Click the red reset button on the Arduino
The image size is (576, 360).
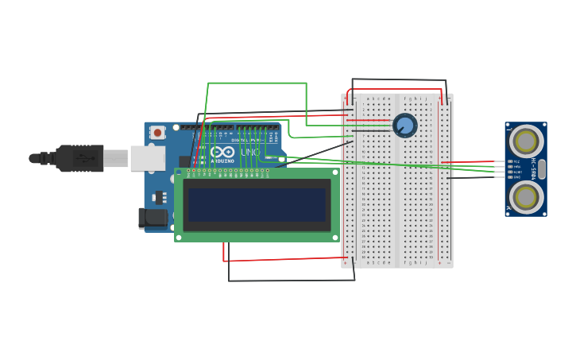point(157,133)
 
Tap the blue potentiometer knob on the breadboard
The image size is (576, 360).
point(404,125)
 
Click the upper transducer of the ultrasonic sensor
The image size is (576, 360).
point(526,141)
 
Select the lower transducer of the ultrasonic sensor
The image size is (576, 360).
point(526,196)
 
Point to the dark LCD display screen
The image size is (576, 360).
point(257,204)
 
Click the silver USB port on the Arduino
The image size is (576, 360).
point(148,158)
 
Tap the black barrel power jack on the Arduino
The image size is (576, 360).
point(153,218)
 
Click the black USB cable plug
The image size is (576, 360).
point(79,158)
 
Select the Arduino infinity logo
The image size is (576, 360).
point(222,152)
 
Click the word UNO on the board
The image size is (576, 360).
point(249,152)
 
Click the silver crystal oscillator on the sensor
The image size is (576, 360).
point(542,168)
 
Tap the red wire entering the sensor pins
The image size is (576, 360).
point(477,161)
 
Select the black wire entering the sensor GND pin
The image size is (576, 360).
point(477,177)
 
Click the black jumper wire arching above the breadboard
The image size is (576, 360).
point(397,79)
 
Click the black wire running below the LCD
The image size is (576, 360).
point(286,281)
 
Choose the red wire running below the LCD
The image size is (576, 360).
point(286,259)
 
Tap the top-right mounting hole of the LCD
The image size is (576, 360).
point(334,172)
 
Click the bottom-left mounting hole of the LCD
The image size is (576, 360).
point(179,237)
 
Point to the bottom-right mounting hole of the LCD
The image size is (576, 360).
point(334,237)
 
